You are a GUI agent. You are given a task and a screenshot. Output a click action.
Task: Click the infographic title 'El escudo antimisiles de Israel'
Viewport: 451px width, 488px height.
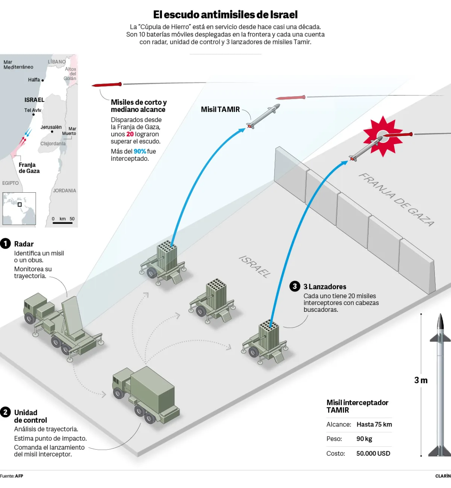click(225, 15)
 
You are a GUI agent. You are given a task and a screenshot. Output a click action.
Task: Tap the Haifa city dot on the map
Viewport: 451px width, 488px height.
click(42, 80)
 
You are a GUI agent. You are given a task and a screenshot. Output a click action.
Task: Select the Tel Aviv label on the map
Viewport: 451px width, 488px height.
click(33, 110)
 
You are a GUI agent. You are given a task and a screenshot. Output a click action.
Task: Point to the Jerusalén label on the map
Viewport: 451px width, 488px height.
click(51, 127)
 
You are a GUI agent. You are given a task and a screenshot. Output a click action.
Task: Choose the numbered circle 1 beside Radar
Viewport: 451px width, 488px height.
click(5, 244)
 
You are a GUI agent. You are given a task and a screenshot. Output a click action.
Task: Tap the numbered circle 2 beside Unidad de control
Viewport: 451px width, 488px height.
click(5, 412)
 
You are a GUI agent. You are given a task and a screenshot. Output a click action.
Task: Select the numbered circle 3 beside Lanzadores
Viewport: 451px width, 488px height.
click(295, 286)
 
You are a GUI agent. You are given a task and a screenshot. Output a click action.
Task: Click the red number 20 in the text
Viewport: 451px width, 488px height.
click(130, 134)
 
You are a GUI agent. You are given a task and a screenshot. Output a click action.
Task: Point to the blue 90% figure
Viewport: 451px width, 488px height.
click(140, 151)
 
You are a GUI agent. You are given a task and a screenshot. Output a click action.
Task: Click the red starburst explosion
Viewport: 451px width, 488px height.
click(383, 136)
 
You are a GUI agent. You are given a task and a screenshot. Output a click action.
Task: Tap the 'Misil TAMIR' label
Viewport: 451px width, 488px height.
click(220, 109)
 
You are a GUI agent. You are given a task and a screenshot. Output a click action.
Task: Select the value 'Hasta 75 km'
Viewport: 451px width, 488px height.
click(374, 425)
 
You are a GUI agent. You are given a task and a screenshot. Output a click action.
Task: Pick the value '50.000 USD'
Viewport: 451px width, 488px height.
click(373, 453)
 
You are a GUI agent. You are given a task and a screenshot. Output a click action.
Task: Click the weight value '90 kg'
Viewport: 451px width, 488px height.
click(364, 439)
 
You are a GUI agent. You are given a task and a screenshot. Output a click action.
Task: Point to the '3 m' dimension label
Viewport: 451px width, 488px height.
click(421, 381)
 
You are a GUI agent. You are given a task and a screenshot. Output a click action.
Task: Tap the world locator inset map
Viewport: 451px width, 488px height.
click(19, 208)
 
